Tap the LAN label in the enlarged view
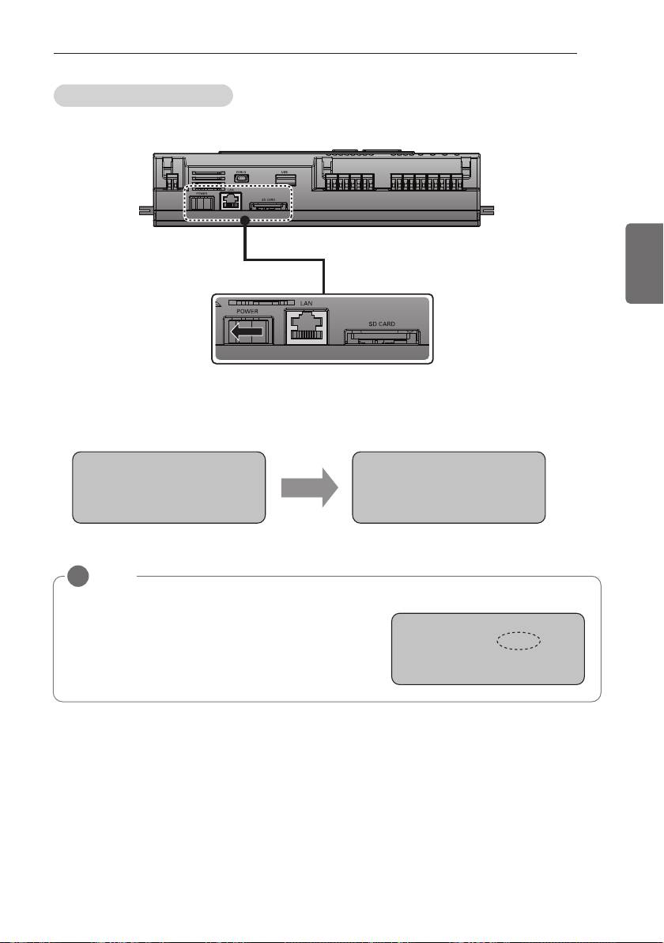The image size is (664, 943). [307, 303]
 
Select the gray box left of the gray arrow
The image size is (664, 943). [168, 488]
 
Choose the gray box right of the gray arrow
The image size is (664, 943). [448, 488]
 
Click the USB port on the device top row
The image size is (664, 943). [281, 177]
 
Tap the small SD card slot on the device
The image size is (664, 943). [269, 209]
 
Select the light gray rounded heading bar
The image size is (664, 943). [142, 96]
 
